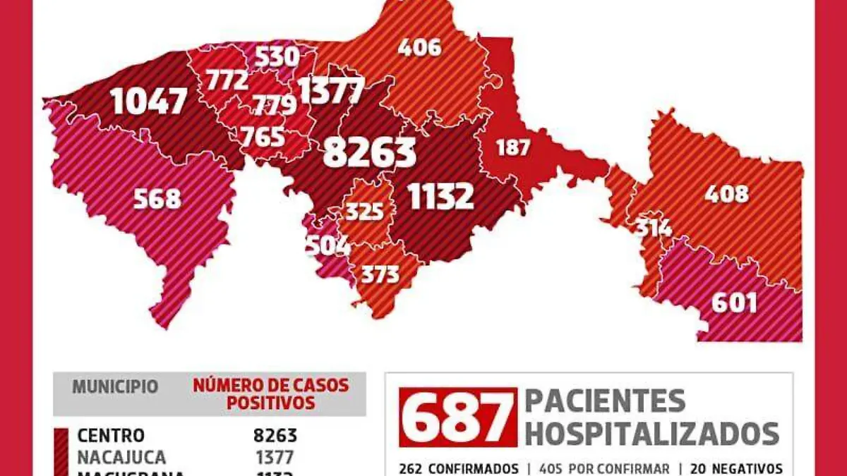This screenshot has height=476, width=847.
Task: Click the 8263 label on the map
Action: point(369,152)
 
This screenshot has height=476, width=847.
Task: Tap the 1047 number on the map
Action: point(149,102)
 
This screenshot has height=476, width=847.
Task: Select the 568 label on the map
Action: point(157,199)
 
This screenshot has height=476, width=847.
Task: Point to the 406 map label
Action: point(419,47)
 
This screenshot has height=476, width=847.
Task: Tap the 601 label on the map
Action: point(734,303)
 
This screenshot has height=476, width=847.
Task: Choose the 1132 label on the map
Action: point(440,197)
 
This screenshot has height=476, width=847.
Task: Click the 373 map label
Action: point(380,274)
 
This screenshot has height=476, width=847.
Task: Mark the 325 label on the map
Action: point(364,211)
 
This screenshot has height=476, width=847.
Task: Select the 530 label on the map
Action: point(276,56)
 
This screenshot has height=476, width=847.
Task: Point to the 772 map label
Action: point(227,80)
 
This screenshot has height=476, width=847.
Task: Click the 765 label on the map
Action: point(262,136)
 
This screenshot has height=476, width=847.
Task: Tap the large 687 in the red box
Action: point(457,417)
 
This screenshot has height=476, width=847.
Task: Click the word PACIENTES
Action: point(605,401)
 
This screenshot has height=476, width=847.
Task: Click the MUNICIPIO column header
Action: point(115,387)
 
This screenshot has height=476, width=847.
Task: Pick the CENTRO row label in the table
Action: point(111,436)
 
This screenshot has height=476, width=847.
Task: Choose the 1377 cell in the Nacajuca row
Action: point(275,457)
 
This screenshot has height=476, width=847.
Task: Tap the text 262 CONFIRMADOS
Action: point(458,468)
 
